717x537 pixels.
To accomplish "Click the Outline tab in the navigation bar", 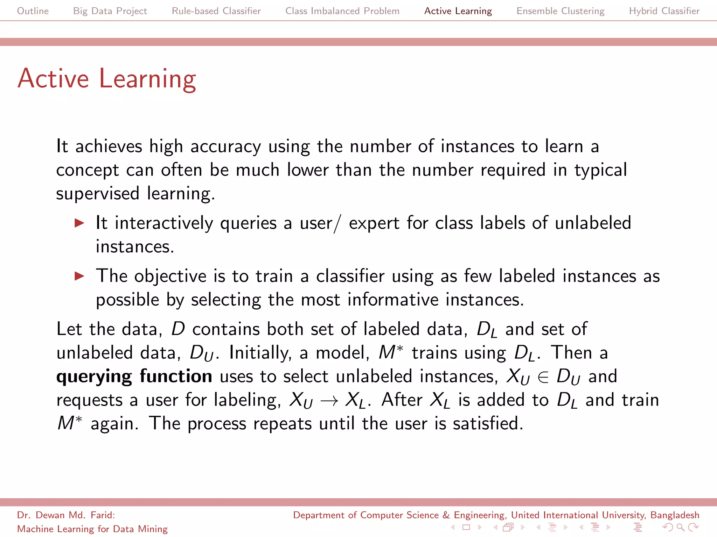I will click(x=33, y=11).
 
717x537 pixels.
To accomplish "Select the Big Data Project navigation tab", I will click(x=110, y=11).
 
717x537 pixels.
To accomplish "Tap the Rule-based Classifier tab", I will click(x=216, y=11).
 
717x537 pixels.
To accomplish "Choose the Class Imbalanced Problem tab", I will click(x=342, y=11).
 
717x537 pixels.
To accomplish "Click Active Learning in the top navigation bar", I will click(x=458, y=11).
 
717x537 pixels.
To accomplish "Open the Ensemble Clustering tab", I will click(x=560, y=11).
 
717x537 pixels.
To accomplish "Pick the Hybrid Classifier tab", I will click(x=664, y=11).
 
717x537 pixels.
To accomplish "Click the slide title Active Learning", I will click(x=107, y=79).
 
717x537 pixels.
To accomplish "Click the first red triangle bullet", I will click(x=80, y=223).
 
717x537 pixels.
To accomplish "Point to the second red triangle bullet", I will click(x=80, y=276).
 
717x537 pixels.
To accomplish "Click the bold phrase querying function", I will click(x=134, y=377).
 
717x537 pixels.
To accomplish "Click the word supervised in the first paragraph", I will click(x=98, y=194).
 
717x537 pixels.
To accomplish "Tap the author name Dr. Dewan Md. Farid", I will click(x=66, y=515).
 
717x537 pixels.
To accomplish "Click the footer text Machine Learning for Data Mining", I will click(x=92, y=529).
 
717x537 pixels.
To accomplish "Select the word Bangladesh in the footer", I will click(x=675, y=515).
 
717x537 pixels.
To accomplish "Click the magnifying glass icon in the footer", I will click(x=680, y=527).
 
